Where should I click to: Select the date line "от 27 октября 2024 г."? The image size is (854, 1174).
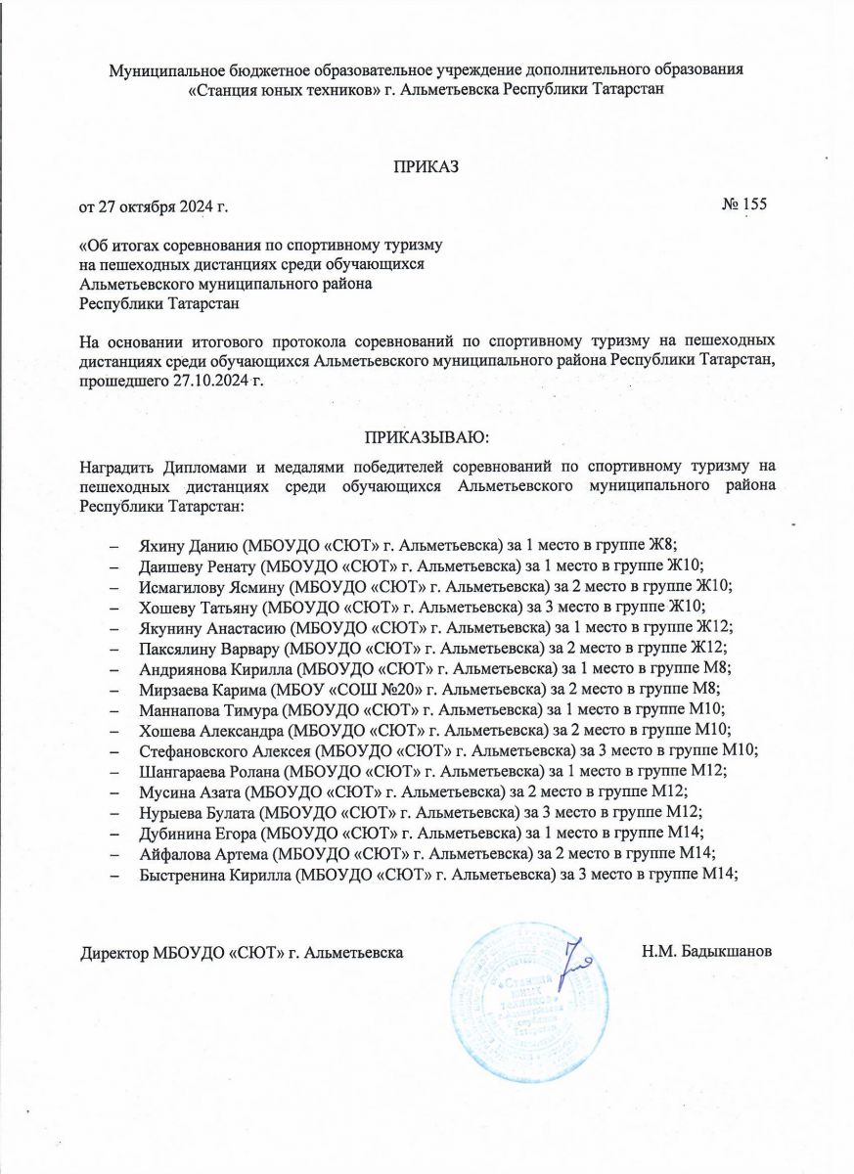(x=157, y=206)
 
